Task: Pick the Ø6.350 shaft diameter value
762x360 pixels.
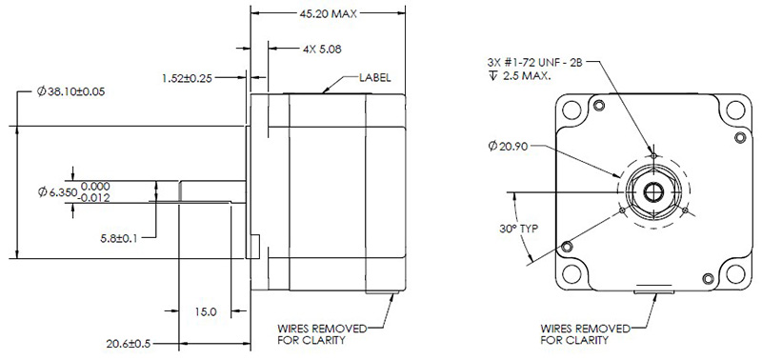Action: point(55,192)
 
